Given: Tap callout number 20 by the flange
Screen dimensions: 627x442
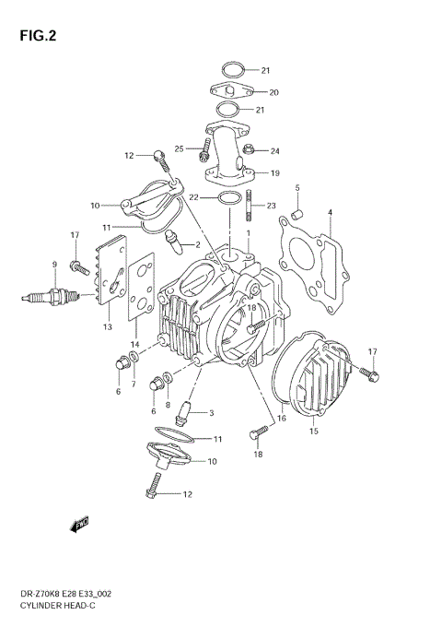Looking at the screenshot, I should click(273, 92).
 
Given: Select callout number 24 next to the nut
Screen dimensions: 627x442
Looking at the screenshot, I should click(274, 151).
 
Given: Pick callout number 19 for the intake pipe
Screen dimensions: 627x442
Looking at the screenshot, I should click(274, 172).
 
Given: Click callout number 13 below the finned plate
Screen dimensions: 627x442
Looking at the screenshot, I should click(107, 326).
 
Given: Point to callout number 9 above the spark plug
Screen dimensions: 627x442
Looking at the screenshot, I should click(54, 266).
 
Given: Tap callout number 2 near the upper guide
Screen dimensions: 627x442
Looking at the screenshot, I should click(196, 244).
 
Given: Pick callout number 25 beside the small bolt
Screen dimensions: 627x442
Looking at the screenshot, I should click(179, 148).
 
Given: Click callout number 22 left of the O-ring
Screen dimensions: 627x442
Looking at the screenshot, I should click(194, 197).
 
